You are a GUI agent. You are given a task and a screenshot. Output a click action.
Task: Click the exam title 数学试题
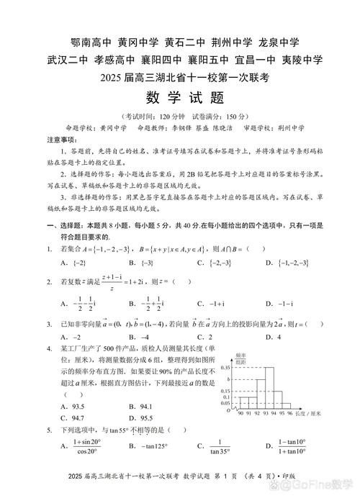pos(179,97)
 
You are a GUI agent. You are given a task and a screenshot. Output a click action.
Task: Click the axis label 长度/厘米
pos(315,415)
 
